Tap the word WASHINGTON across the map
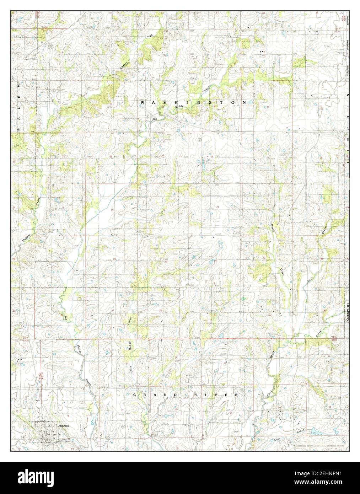(193, 102)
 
